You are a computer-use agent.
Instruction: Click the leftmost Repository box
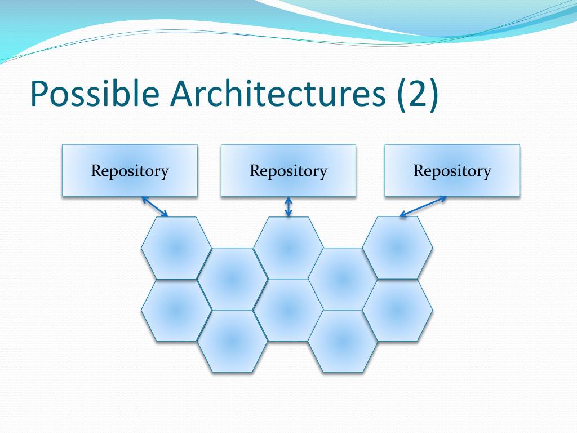(x=130, y=170)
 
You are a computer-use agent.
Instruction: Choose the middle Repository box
(x=288, y=170)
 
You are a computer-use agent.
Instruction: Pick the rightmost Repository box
(x=452, y=170)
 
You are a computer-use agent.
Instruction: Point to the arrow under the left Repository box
(x=155, y=206)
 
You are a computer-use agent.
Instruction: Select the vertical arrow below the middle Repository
(x=288, y=206)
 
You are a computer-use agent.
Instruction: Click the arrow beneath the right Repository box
(x=423, y=206)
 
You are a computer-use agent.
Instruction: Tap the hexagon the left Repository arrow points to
(x=176, y=248)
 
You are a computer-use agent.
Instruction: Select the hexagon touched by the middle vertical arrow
(x=288, y=248)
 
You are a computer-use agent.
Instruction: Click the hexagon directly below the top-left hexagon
(x=176, y=310)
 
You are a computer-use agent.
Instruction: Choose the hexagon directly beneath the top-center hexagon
(x=288, y=310)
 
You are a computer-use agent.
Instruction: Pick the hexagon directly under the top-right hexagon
(x=397, y=310)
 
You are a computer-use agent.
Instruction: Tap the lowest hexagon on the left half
(x=232, y=341)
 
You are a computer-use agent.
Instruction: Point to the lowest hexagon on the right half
(x=343, y=341)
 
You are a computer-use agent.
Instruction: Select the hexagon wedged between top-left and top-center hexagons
(x=232, y=279)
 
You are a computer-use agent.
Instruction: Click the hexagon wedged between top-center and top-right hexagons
(x=343, y=279)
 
